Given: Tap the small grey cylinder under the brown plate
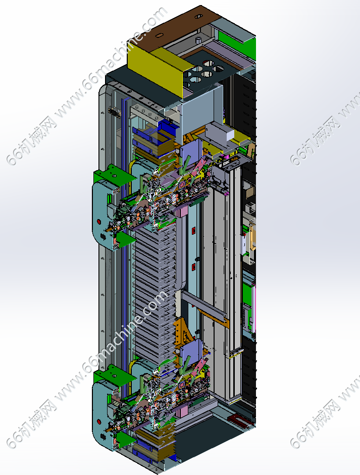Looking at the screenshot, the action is [x=198, y=40].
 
